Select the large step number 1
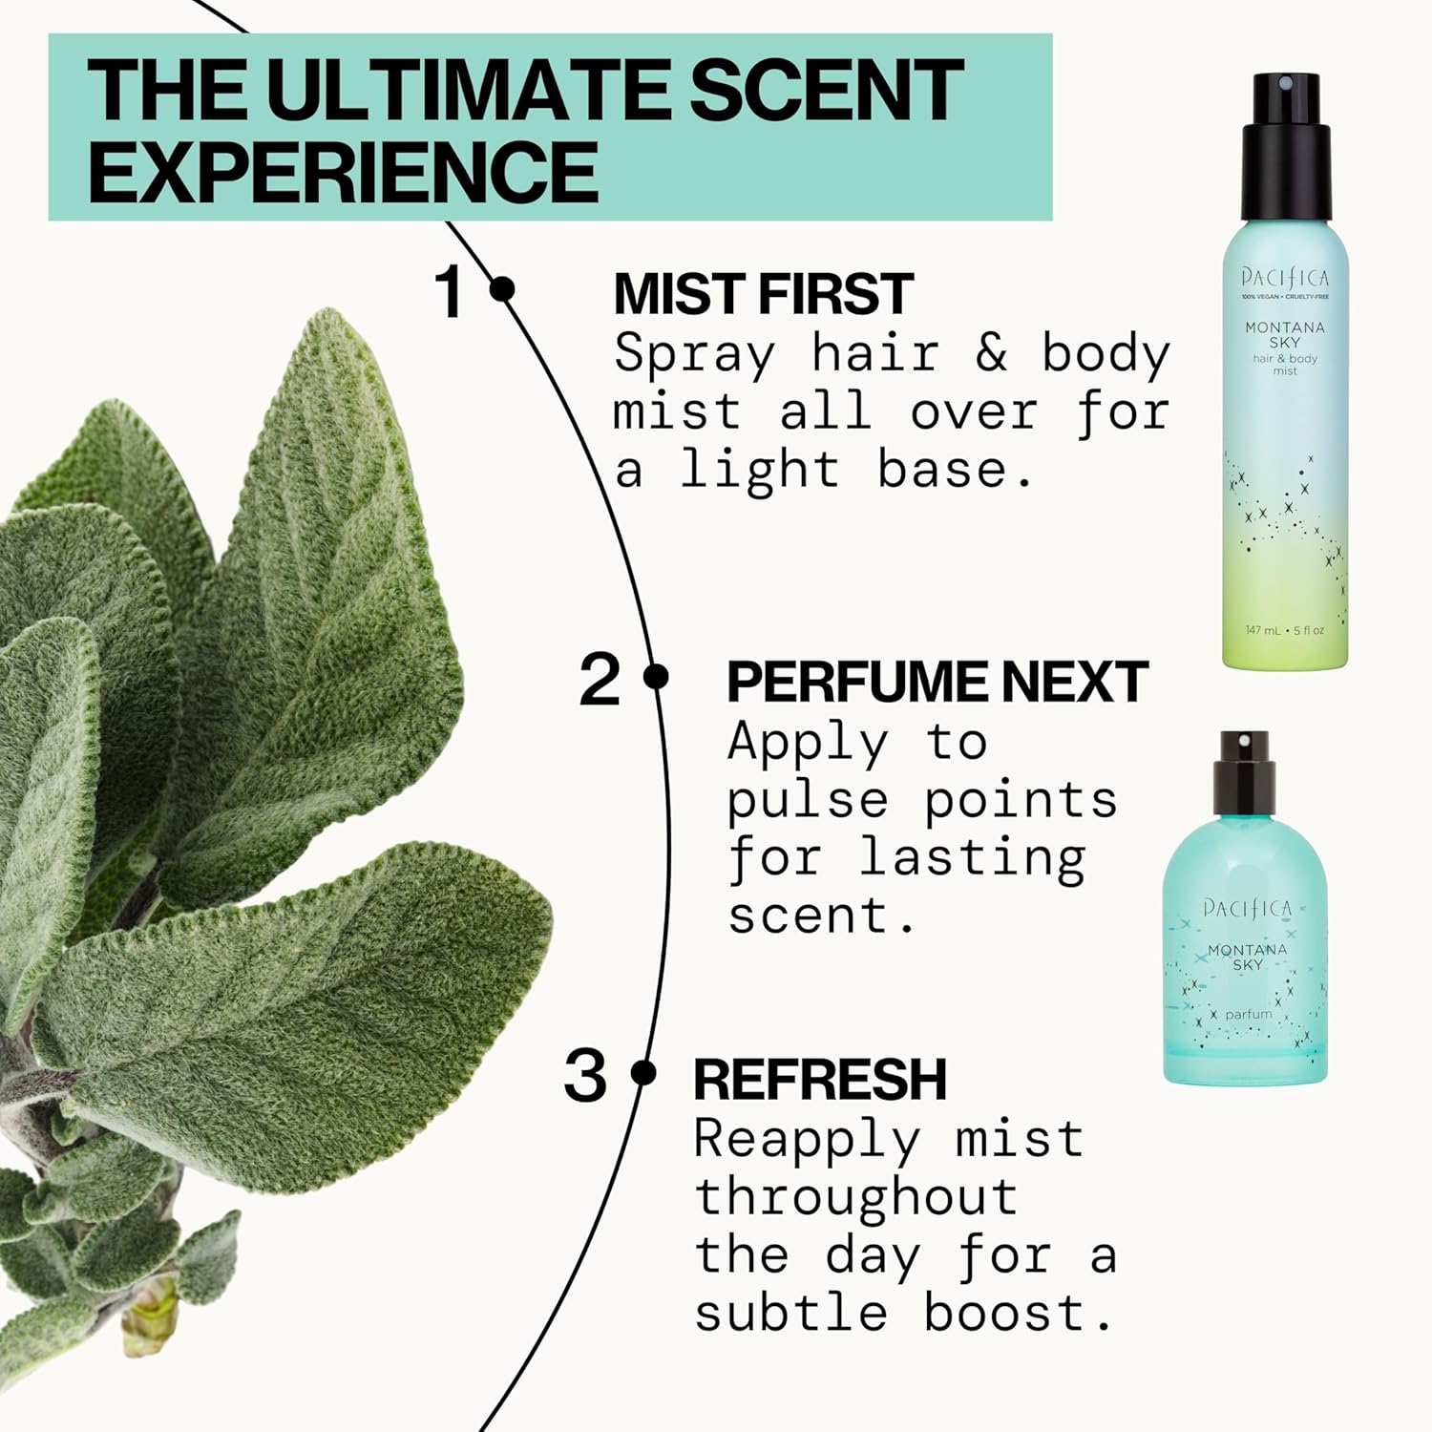click(450, 291)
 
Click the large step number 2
click(600, 680)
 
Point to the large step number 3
click(584, 1076)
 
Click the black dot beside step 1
click(502, 288)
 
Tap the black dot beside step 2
click(656, 677)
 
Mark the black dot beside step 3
click(644, 1073)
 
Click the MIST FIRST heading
click(763, 294)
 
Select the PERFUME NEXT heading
click(937, 682)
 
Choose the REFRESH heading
click(819, 1080)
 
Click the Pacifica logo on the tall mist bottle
click(1285, 278)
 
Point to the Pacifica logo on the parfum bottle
click(1247, 908)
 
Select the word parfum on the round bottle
click(1248, 1014)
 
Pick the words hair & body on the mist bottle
click(1285, 359)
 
